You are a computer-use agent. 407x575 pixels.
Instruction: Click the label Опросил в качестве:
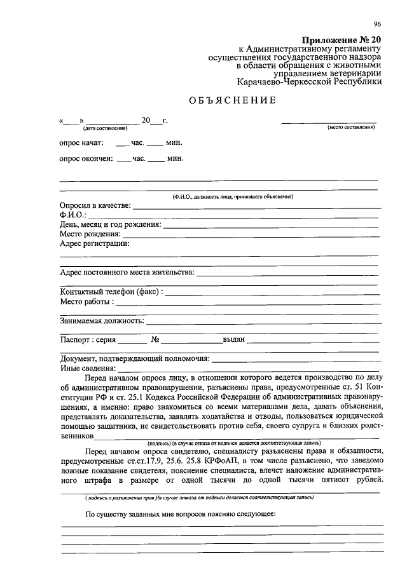[x=95, y=206]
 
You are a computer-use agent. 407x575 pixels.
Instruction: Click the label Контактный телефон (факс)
[x=111, y=292]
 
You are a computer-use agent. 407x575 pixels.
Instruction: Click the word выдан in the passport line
[x=233, y=339]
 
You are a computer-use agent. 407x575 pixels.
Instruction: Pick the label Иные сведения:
[x=88, y=368]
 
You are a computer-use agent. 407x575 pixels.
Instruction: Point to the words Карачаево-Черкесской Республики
[x=309, y=82]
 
